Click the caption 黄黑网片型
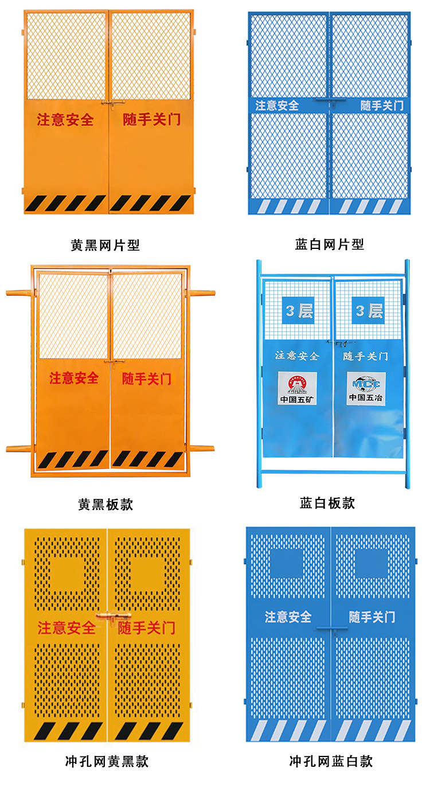pyautogui.click(x=105, y=245)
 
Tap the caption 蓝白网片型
pyautogui.click(x=330, y=245)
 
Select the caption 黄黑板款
pyautogui.click(x=105, y=504)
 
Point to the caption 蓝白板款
pyautogui.click(x=327, y=503)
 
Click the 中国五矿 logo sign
pyautogui.click(x=298, y=388)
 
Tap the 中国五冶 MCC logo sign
pyautogui.click(x=365, y=388)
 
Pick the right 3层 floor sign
pyautogui.click(x=368, y=310)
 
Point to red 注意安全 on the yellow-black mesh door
pyautogui.click(x=65, y=120)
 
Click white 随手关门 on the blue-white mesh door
pyautogui.click(x=382, y=106)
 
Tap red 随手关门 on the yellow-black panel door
pyautogui.click(x=146, y=379)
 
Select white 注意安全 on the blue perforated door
pyautogui.click(x=288, y=617)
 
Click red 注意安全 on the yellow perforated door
pyautogui.click(x=67, y=627)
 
